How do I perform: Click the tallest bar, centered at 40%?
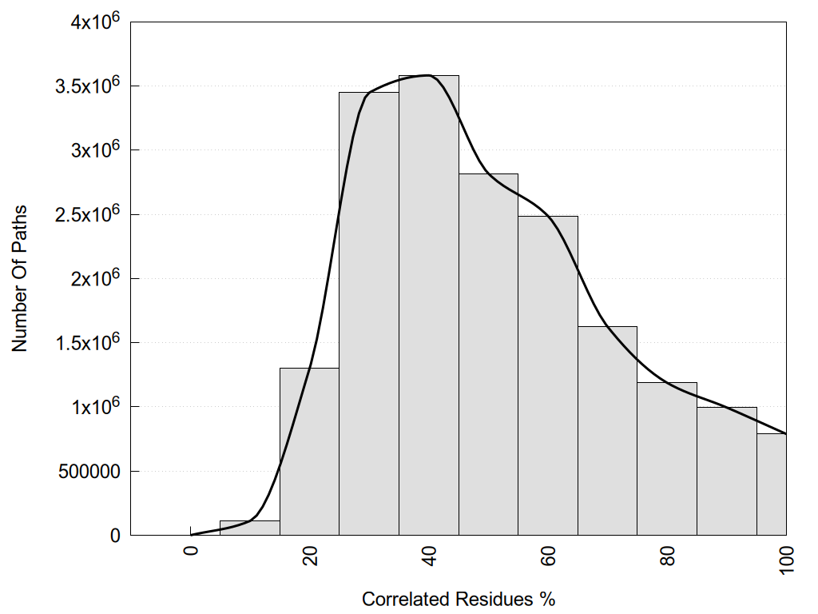point(429,305)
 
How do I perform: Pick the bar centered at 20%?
point(309,452)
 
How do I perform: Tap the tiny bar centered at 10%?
point(249,528)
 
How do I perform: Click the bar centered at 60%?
point(548,376)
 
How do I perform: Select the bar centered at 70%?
point(607,431)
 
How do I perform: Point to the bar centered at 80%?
point(667,459)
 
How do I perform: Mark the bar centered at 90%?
point(727,471)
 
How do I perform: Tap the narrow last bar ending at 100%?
point(772,484)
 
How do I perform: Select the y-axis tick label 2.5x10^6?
point(87,214)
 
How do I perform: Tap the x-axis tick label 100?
point(787,557)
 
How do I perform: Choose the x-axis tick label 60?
point(549,554)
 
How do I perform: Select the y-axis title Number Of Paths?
point(20,278)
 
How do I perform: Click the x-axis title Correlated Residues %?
point(458,599)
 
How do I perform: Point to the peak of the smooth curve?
point(429,75)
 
